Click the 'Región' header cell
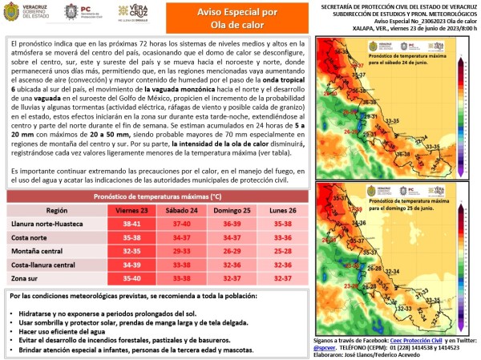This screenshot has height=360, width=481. click(57, 210)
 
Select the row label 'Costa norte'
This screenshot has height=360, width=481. click(30, 237)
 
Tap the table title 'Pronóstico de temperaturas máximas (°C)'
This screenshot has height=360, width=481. click(158, 196)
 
